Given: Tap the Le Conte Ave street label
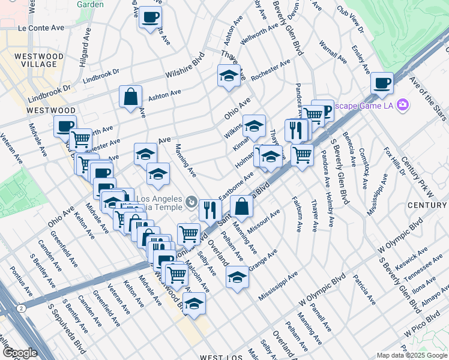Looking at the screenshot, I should click(41, 28).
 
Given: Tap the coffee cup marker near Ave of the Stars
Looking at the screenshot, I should click(381, 82).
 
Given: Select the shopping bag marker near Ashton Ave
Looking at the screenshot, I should click(130, 97).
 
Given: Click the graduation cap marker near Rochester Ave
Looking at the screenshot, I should click(228, 76).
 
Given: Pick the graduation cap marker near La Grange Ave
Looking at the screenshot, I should click(237, 278).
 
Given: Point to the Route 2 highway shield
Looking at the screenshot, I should click(22, 308).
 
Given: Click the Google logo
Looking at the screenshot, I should click(20, 353).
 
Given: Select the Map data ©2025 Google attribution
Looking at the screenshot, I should click(412, 355).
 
